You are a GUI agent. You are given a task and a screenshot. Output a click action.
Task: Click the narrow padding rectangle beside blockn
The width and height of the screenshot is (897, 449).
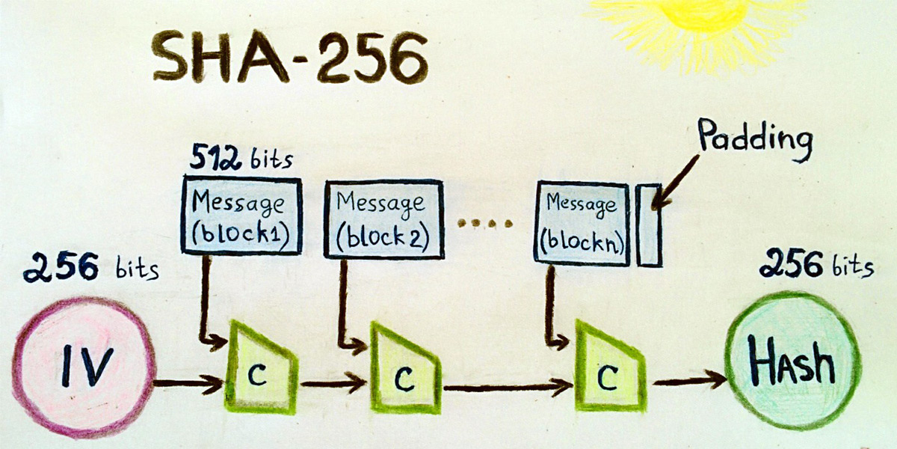tap(649, 224)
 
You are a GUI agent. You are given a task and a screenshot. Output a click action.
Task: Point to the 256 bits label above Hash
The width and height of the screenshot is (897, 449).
tap(815, 264)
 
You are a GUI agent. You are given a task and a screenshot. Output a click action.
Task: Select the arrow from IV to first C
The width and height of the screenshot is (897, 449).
tap(189, 385)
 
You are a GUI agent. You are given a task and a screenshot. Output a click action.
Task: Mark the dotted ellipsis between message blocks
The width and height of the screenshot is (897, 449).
tap(484, 223)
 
